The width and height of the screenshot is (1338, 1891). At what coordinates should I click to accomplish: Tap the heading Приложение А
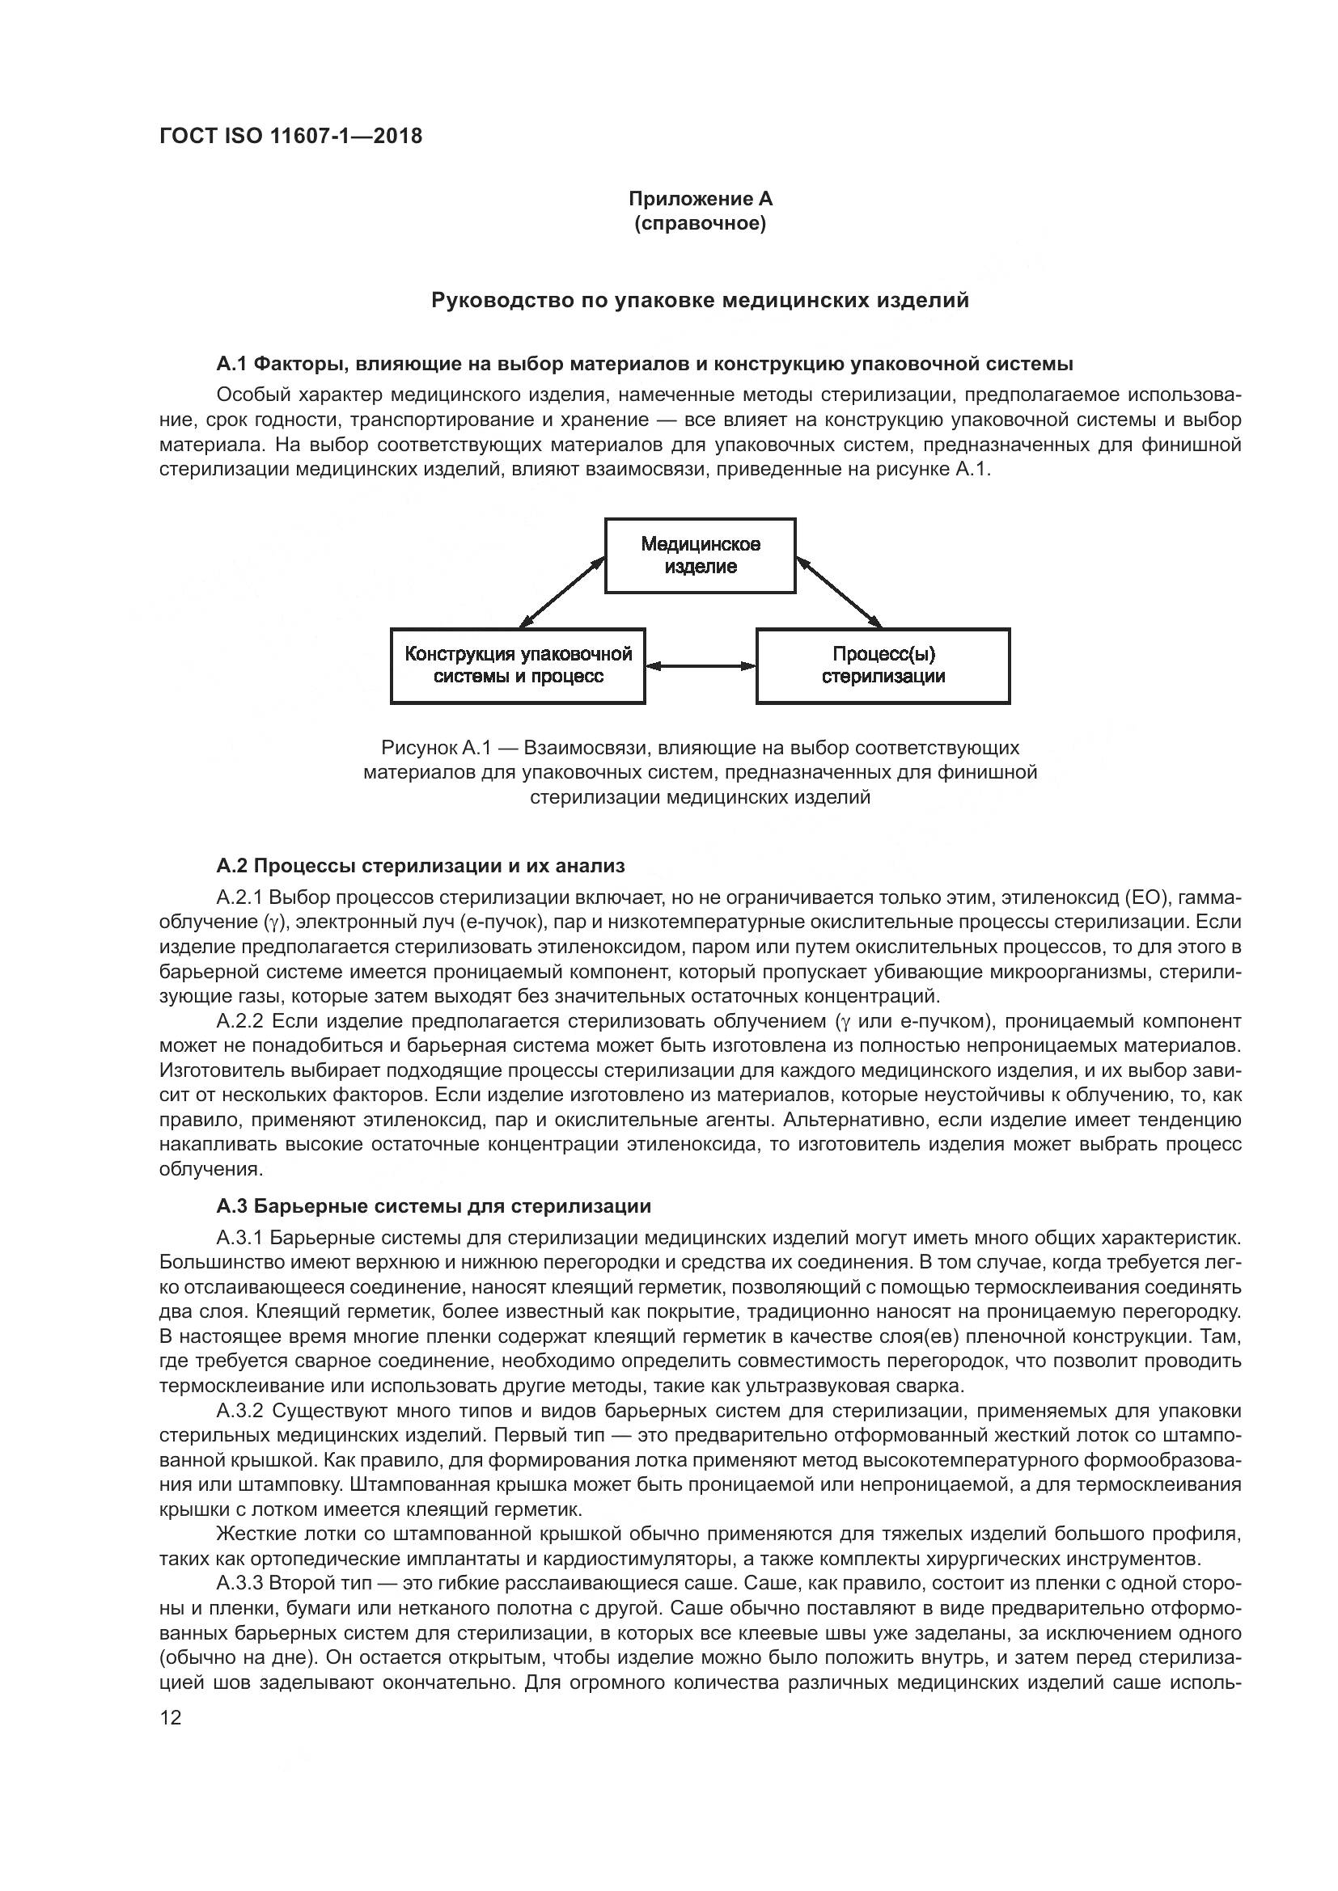701,199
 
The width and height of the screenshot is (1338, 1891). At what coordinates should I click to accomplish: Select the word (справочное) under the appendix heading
701,223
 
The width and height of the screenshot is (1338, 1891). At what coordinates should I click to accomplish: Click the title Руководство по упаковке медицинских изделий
701,301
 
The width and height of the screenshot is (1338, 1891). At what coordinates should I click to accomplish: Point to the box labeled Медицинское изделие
701,555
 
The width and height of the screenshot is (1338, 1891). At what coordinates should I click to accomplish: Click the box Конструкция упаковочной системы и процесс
518,665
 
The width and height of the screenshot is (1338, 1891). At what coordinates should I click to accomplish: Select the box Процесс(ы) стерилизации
883,665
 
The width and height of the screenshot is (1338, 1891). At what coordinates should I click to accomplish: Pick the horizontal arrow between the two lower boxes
701,665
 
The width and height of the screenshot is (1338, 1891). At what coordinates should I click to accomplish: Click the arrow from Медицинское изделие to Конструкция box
563,592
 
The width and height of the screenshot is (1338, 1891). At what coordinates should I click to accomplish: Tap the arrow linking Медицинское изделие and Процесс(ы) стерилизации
839,592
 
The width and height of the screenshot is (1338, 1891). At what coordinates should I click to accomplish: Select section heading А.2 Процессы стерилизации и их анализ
420,866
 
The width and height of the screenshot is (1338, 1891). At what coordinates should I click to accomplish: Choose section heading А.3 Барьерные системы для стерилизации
434,1206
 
